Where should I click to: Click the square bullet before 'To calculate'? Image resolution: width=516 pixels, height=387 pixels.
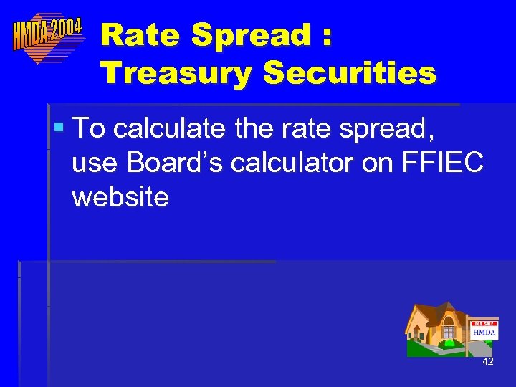[59, 128]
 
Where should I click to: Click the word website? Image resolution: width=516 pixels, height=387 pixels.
[120, 196]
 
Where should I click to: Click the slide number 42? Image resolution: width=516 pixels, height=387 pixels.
[488, 362]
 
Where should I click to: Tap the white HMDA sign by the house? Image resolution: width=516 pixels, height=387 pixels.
[484, 333]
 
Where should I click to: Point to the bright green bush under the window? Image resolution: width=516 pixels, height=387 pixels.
[449, 343]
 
